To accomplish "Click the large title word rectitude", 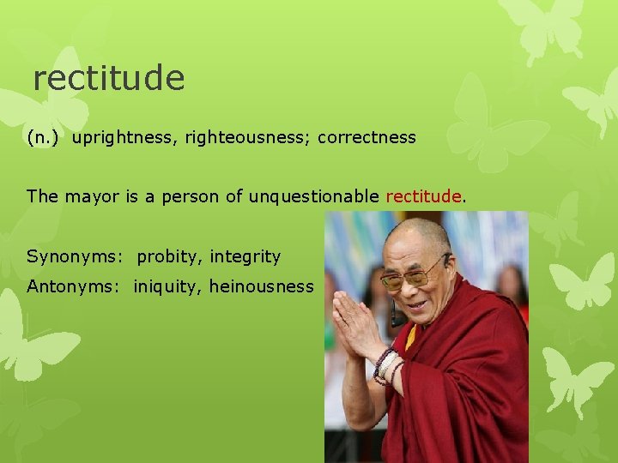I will point(109,79).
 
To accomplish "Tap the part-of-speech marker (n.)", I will point(44,137).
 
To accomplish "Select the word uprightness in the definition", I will point(121,137).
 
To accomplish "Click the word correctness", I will point(367,137).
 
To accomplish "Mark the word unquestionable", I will point(313,196).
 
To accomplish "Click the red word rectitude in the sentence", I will point(424,196).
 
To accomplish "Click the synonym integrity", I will point(245,256).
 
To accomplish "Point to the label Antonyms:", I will point(76,286).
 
